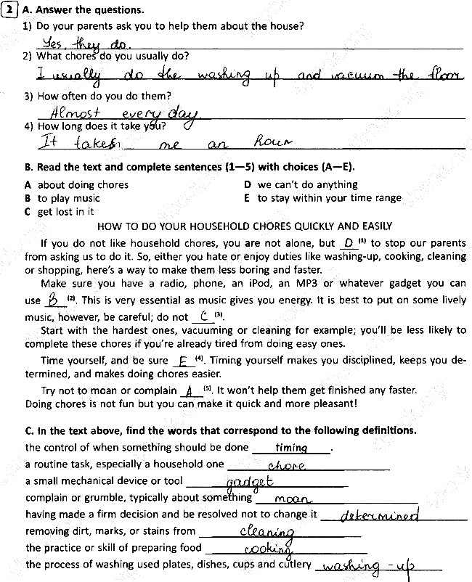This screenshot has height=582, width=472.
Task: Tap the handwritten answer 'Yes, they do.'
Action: click(73, 44)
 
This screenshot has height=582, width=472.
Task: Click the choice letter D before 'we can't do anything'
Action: click(248, 185)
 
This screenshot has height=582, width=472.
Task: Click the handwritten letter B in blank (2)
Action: click(53, 300)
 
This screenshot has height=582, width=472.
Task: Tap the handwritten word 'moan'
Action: click(293, 499)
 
